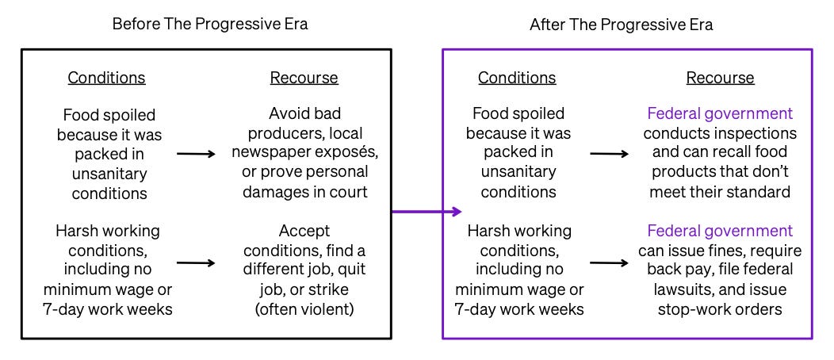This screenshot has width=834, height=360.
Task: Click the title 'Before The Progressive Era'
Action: pyautogui.click(x=209, y=24)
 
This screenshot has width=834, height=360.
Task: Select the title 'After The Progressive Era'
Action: pyautogui.click(x=621, y=25)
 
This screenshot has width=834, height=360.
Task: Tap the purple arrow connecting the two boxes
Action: pyautogui.click(x=427, y=212)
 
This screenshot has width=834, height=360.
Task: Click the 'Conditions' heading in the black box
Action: pyautogui.click(x=106, y=78)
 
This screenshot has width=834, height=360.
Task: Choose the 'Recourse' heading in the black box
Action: pyautogui.click(x=304, y=78)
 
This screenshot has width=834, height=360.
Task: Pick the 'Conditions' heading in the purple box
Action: pyautogui.click(x=517, y=78)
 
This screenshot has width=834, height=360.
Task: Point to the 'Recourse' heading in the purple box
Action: pyautogui.click(x=720, y=78)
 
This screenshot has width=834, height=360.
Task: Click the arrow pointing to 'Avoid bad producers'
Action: pyautogui.click(x=196, y=153)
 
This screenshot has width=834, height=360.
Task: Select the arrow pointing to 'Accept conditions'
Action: pyautogui.click(x=196, y=260)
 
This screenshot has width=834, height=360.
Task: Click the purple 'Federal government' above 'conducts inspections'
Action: pyautogui.click(x=720, y=114)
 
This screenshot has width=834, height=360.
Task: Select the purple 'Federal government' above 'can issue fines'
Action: pyautogui.click(x=720, y=232)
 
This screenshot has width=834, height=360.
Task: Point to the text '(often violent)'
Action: pyautogui.click(x=304, y=308)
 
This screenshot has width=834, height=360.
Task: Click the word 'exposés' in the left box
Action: pyautogui.click(x=341, y=152)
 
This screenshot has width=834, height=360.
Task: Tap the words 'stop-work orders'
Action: pyautogui.click(x=720, y=308)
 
